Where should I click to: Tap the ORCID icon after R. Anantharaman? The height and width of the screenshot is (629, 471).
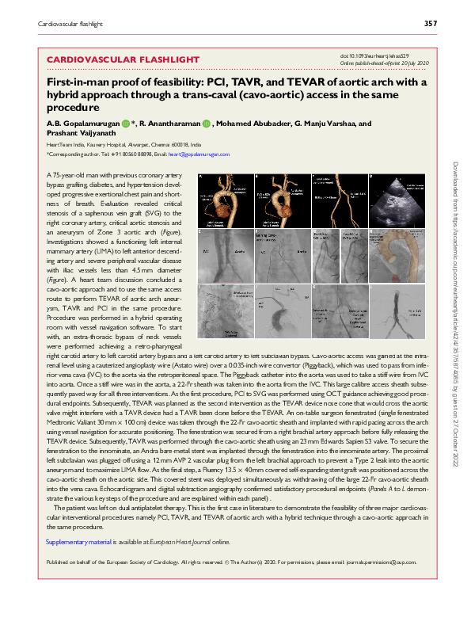pos(205,124)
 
